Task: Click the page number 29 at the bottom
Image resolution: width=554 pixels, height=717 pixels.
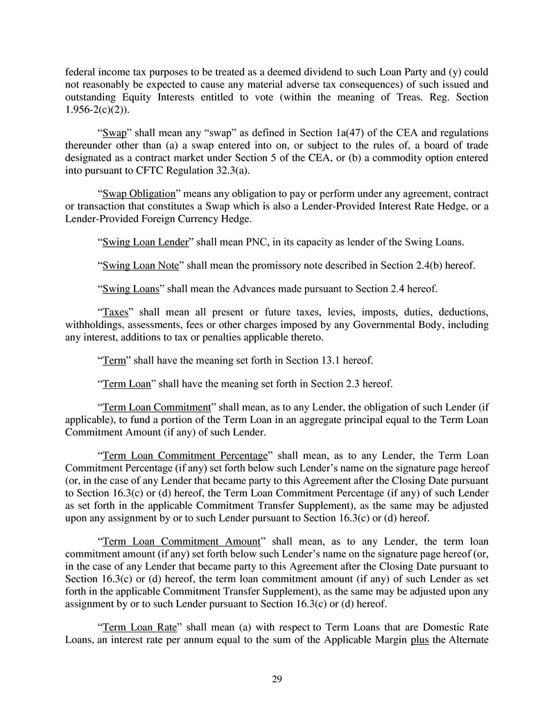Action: click(x=277, y=679)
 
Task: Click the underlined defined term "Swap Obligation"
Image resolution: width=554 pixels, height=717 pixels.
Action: click(x=141, y=193)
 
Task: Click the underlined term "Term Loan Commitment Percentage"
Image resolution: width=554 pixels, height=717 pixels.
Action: click(x=184, y=456)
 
